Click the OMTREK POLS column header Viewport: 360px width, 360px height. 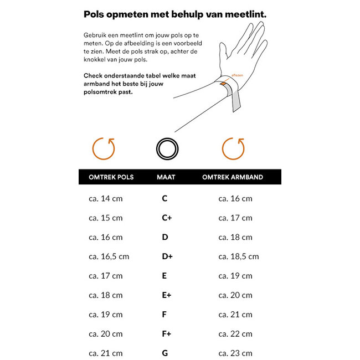(x=111, y=177)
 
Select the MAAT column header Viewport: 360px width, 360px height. (x=166, y=177)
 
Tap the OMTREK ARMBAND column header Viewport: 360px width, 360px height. (x=233, y=177)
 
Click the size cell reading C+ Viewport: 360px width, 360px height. (x=167, y=218)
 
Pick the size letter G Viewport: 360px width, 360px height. (x=165, y=353)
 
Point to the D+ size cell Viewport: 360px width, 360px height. (x=167, y=256)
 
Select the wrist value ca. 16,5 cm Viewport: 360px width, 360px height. (x=109, y=256)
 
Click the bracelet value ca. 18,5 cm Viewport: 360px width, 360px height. (x=238, y=256)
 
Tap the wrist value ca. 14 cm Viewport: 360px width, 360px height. (x=105, y=198)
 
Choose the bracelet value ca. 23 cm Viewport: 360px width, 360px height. (x=235, y=353)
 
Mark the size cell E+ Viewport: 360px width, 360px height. (x=167, y=295)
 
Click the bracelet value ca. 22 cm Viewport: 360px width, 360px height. (x=235, y=333)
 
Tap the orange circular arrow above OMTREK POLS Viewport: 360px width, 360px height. (x=104, y=148)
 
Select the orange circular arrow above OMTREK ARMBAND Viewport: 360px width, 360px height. (x=233, y=148)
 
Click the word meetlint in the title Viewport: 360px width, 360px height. (x=240, y=14)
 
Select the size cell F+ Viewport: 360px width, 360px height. (x=167, y=333)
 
